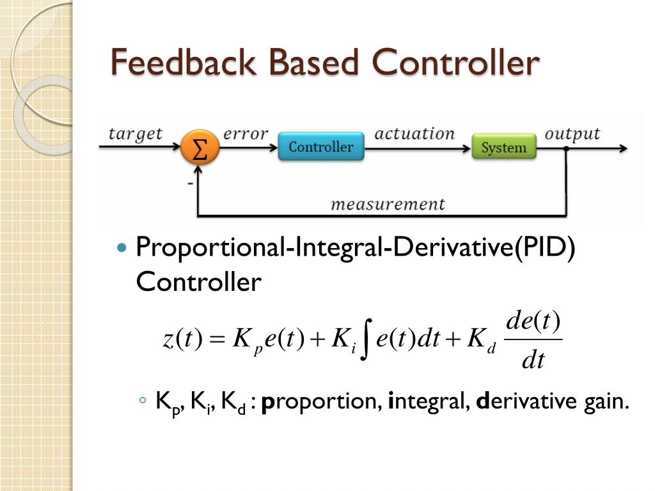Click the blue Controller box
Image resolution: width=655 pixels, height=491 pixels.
point(320,146)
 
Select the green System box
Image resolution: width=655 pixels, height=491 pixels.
point(503,147)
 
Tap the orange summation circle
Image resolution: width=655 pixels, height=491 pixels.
point(200,148)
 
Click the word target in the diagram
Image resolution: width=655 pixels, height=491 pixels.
point(135,134)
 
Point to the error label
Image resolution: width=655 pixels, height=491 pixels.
point(245,134)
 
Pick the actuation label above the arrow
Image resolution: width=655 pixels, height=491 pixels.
point(414,134)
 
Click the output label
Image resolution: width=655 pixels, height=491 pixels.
point(572,134)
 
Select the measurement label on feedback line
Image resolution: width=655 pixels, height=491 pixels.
point(387,204)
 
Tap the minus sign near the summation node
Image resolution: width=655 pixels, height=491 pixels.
point(190,183)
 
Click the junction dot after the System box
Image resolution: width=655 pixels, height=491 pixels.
point(565,148)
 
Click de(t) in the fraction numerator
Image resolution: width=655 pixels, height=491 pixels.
point(533,320)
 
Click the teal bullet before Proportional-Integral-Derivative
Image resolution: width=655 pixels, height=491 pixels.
point(124,247)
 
